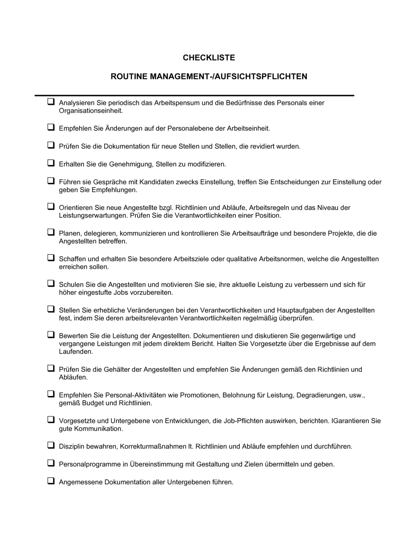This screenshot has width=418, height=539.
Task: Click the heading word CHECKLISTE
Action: (209, 58)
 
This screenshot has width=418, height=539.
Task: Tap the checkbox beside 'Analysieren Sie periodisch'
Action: (51, 102)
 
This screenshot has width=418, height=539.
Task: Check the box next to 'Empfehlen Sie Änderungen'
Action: (51, 127)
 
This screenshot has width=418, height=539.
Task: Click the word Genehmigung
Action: (130, 164)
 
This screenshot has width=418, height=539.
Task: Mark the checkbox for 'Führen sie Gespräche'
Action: (51, 181)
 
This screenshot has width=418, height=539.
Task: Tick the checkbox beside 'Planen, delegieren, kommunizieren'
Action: (51, 232)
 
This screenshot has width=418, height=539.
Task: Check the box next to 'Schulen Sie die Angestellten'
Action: (51, 283)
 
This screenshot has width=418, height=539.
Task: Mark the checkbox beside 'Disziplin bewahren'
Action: (51, 445)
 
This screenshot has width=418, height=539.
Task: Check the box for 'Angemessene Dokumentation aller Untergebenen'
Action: (51, 481)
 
